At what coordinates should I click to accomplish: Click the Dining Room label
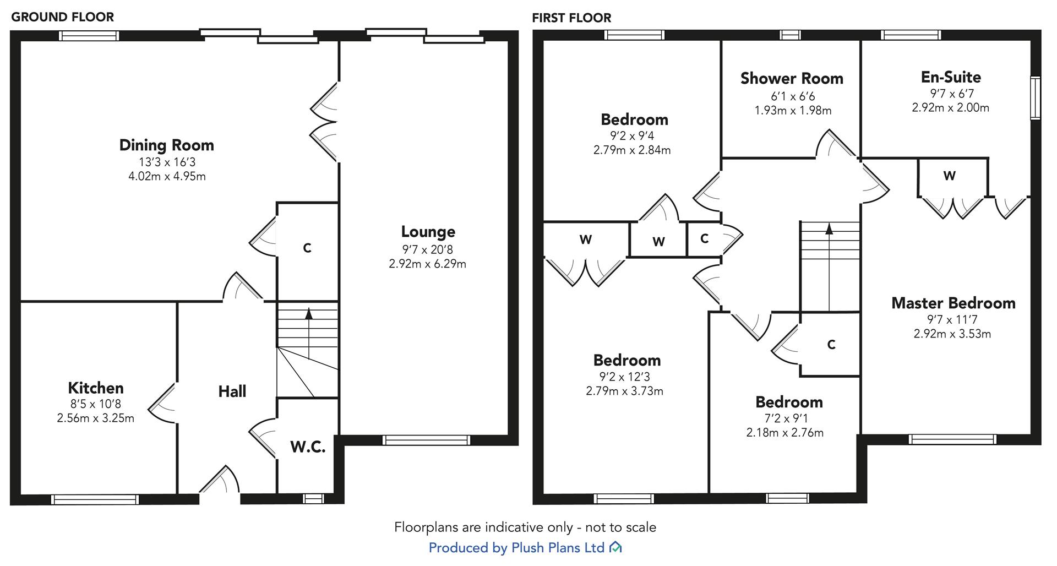pos(166,145)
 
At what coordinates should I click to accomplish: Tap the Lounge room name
pos(428,232)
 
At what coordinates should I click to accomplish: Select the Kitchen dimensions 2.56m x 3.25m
pos(95,418)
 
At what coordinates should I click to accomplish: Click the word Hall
pos(232,392)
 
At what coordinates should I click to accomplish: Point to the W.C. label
pos(308,447)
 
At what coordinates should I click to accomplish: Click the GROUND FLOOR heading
pos(62,17)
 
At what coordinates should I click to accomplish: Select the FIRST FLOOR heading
pos(571,18)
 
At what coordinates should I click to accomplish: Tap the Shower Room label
pos(792,79)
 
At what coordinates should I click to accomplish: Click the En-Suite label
pos(951,77)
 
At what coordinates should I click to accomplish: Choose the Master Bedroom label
pos(953,303)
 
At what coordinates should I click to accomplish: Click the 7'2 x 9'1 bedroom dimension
pos(784,418)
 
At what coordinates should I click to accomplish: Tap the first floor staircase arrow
pos(829,228)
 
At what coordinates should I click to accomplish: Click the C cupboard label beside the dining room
pos(307,248)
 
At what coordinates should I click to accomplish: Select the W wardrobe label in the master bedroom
pos(949,176)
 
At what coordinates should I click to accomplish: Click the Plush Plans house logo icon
pos(615,547)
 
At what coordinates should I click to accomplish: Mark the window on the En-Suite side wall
pos(1036,98)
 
